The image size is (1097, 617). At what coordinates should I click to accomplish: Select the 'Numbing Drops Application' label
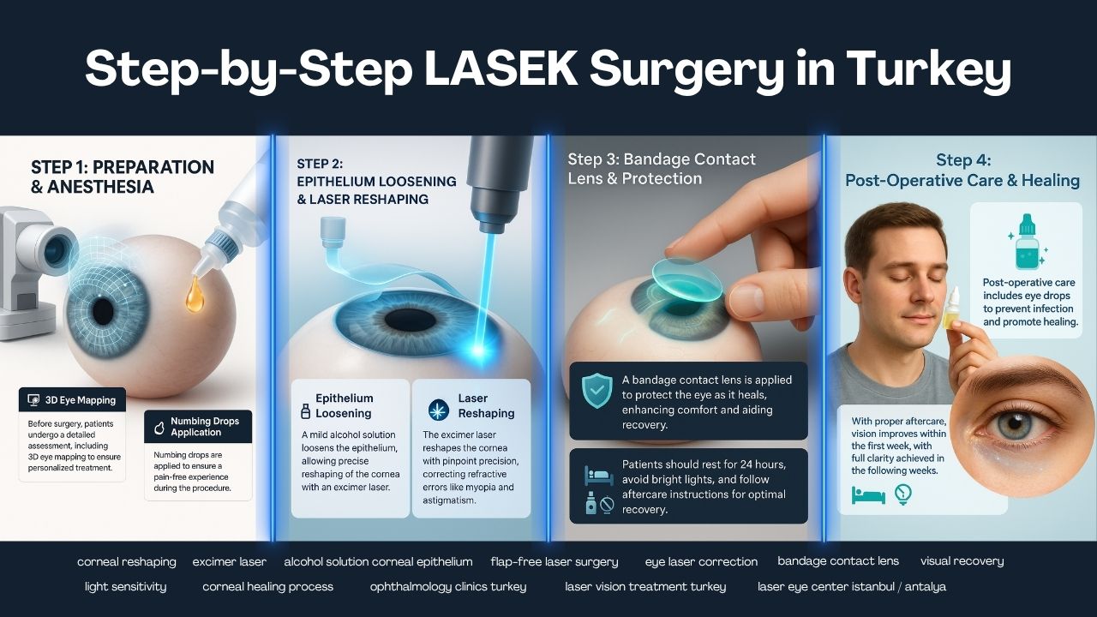tap(205, 426)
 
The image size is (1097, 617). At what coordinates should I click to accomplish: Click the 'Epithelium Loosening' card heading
tap(345, 404)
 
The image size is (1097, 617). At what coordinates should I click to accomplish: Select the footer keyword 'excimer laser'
tap(229, 562)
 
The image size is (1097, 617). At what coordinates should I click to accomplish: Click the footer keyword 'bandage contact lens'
tap(838, 561)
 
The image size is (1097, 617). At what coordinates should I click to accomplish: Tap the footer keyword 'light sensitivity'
tap(126, 587)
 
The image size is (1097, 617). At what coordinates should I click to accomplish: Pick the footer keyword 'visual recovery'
tap(962, 561)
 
